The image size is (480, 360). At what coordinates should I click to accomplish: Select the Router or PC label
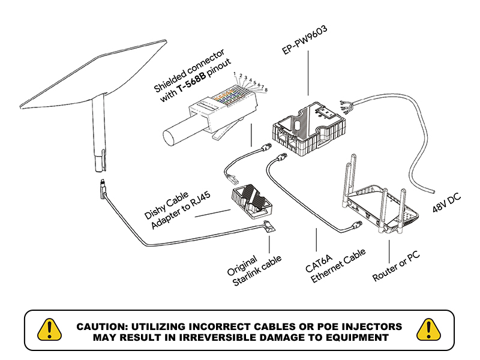(396, 266)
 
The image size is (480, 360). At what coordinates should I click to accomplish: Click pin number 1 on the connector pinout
(234, 73)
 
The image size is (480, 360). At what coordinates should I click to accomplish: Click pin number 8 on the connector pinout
(266, 90)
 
